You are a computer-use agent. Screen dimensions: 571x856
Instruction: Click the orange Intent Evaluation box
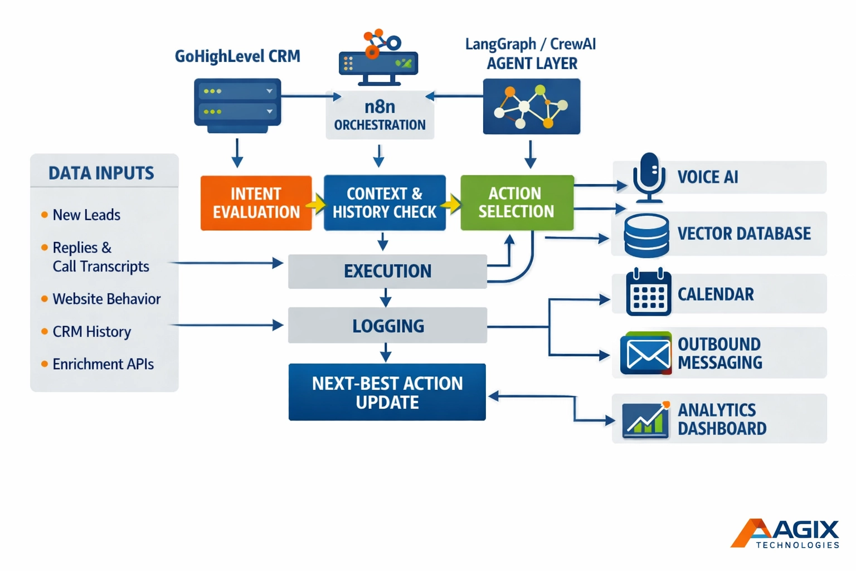point(256,203)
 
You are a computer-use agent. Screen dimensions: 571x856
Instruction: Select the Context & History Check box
point(385,203)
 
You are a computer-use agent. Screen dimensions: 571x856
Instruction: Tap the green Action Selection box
point(517,203)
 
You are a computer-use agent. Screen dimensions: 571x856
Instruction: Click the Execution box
point(387,272)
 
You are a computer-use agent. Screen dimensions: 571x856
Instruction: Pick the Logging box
point(387,326)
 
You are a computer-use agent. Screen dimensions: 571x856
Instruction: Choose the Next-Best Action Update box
point(387,392)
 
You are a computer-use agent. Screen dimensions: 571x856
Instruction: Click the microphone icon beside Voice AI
point(649,177)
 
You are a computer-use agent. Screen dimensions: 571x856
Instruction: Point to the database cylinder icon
point(646,235)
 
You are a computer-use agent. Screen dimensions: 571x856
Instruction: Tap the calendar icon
point(648,293)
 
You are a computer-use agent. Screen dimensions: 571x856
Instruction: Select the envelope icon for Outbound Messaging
point(646,354)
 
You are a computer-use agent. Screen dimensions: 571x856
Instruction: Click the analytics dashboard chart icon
point(646,419)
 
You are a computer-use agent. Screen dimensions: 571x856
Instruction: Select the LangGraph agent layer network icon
point(531,106)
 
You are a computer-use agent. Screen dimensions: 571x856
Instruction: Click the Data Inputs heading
point(101,173)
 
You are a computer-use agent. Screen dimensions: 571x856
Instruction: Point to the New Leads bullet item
point(86,215)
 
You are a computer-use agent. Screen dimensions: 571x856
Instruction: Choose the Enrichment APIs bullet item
point(103,365)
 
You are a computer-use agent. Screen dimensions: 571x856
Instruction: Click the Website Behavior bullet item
point(106,299)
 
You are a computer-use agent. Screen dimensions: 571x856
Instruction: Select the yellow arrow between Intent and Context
point(317,204)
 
